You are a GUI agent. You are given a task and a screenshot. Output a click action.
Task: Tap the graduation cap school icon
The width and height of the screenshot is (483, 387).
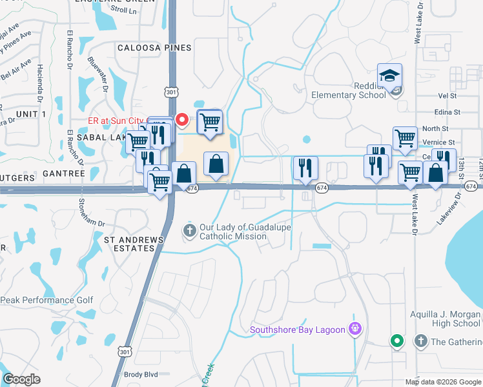389,75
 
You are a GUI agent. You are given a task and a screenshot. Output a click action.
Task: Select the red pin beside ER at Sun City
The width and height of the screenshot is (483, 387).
182,119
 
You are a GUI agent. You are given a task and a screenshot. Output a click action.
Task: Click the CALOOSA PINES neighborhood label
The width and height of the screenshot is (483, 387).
154,48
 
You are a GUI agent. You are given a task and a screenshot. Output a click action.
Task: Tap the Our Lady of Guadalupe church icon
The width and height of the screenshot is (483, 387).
189,230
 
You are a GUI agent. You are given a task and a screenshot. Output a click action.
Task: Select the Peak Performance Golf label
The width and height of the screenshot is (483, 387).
46,300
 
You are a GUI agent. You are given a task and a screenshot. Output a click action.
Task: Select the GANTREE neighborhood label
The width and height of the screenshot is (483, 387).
63,174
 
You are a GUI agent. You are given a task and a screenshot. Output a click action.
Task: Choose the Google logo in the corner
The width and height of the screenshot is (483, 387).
21,379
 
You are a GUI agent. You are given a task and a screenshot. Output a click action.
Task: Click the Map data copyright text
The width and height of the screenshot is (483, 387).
442,382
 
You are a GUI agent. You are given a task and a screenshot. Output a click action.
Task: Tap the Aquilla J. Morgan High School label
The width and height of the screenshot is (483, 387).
446,319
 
